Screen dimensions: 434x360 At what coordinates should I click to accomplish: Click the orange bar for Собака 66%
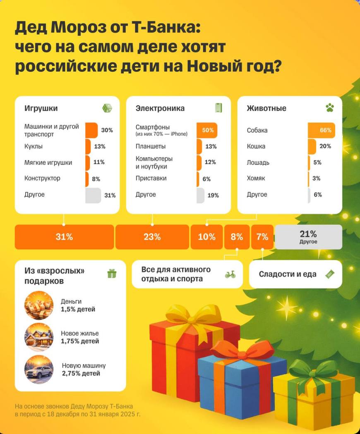pos(321,130)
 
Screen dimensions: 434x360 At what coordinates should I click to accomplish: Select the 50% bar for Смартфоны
pos(207,130)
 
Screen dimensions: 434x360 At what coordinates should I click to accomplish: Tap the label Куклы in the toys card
pos(34,146)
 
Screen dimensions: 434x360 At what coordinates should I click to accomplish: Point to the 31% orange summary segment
pos(64,237)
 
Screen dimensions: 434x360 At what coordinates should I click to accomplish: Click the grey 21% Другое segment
pos(308,237)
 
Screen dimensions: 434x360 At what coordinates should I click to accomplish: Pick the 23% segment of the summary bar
pos(152,237)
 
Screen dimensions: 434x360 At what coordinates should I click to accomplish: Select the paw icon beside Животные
pos(329,108)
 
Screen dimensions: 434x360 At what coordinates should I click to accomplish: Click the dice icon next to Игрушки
pos(107,108)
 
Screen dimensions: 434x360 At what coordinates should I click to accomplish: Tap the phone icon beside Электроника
pos(218,108)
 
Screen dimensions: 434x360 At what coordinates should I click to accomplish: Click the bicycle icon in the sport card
pos(230,274)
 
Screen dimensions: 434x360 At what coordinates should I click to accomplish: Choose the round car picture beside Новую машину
pos(39,370)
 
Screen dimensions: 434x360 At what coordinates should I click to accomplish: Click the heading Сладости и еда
pos(288,274)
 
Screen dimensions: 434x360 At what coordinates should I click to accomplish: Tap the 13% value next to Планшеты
pos(211,146)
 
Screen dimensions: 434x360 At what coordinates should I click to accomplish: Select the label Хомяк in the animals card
pos(256,179)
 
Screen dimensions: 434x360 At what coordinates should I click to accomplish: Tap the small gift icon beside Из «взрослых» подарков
pos(112,273)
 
